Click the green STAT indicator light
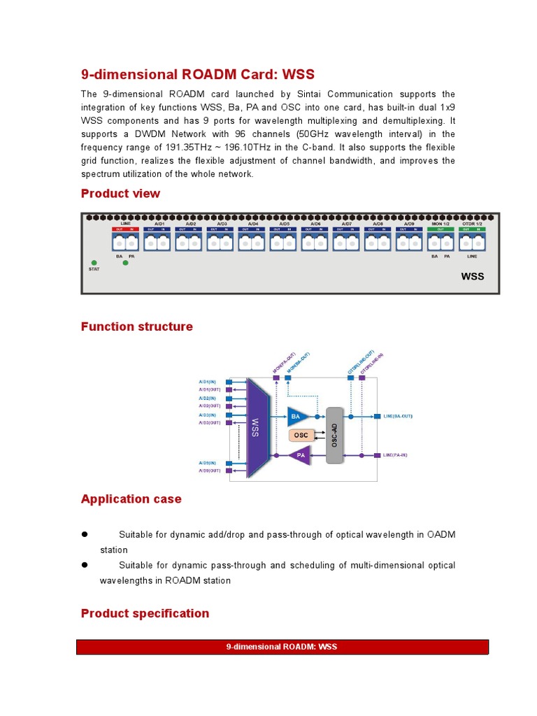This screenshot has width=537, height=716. tap(94, 261)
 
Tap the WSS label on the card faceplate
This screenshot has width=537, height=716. tap(472, 277)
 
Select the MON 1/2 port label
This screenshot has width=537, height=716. tap(441, 223)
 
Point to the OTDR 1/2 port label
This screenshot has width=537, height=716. tap(473, 223)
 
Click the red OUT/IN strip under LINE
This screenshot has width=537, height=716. tap(125, 229)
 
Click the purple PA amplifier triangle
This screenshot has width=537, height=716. tap(299, 456)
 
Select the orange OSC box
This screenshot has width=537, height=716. tap(301, 436)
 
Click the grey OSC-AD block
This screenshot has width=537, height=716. tap(335, 435)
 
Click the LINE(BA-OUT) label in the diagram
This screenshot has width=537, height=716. tap(398, 416)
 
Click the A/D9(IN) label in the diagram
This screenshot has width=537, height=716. tap(208, 463)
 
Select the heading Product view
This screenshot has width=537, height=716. tap(120, 194)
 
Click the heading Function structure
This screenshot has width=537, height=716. tap(136, 327)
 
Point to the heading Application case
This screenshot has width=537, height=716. tap(131, 499)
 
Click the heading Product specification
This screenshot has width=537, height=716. tap(145, 614)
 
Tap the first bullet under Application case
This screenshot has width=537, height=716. tap(85, 534)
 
